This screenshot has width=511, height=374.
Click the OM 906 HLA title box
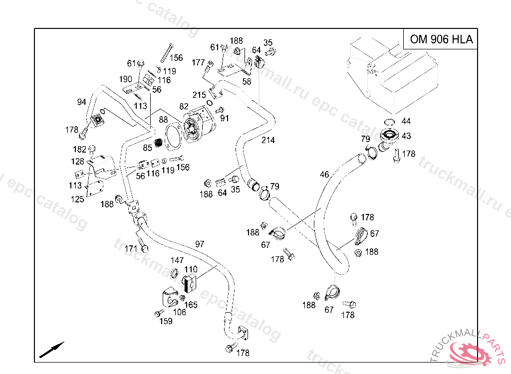click(441, 39)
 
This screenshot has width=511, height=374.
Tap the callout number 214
click(268, 141)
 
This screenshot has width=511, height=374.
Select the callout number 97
click(200, 244)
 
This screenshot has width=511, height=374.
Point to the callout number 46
click(324, 175)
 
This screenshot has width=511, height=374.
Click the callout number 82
click(184, 106)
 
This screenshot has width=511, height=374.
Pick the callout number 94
click(81, 102)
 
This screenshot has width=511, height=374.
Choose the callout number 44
click(406, 121)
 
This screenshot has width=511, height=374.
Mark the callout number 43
click(406, 136)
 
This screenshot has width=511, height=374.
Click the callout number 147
click(177, 260)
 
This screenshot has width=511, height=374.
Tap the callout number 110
click(191, 270)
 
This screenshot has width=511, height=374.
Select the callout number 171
click(131, 249)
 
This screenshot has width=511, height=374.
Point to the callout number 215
click(199, 95)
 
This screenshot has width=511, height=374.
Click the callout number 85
click(147, 148)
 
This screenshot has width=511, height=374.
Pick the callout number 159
click(166, 321)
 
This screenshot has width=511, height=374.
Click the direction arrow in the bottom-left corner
click(52, 350)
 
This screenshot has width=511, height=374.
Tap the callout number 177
click(199, 62)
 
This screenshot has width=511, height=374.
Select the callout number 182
click(79, 149)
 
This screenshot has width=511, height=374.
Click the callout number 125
click(77, 199)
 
